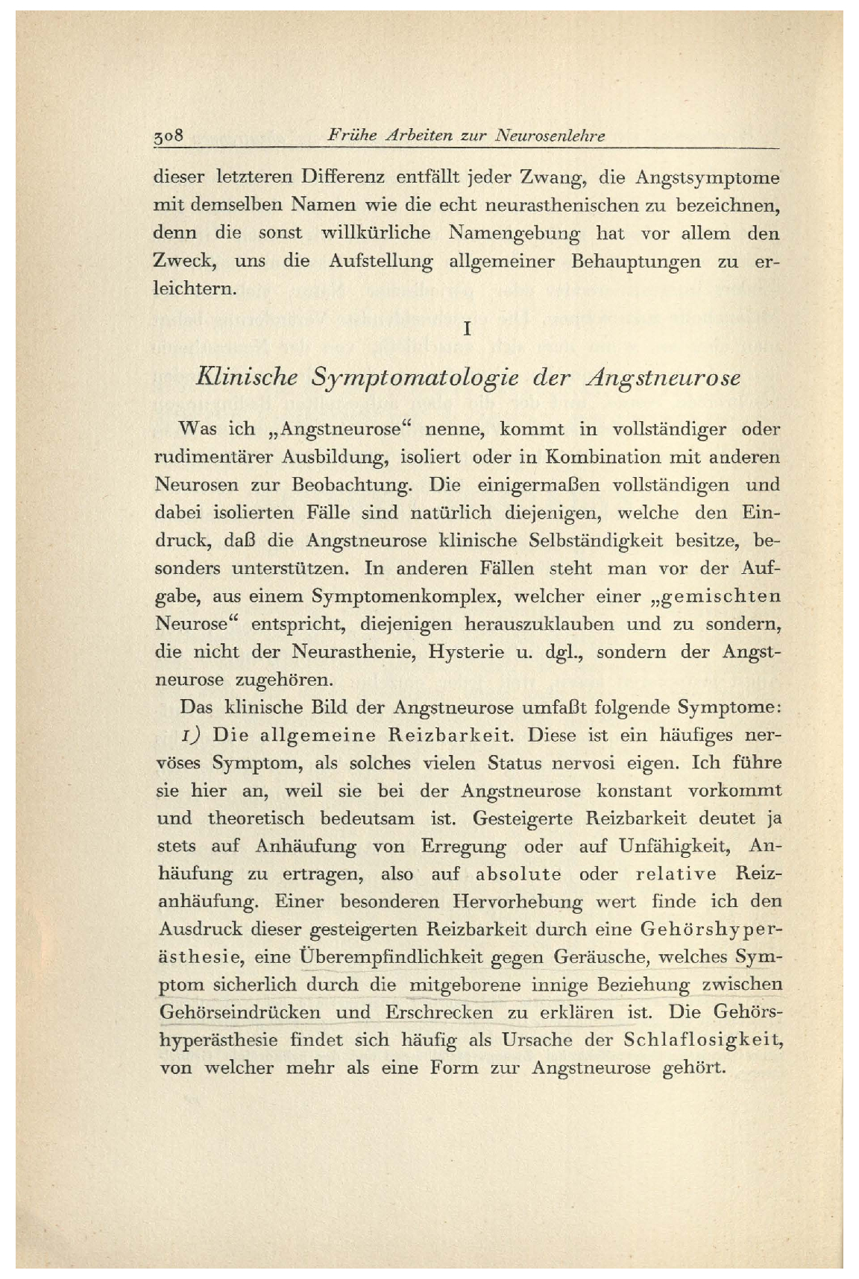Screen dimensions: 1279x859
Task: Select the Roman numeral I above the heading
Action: pyautogui.click(x=467, y=329)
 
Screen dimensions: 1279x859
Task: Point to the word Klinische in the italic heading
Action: pyautogui.click(x=245, y=377)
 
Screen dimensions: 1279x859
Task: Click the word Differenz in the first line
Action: pyautogui.click(x=342, y=178)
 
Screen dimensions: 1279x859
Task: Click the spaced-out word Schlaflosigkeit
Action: pyautogui.click(x=702, y=1040)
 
